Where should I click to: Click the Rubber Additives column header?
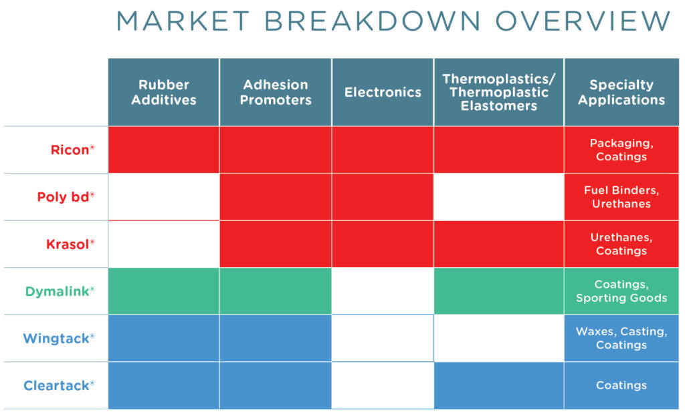(x=164, y=92)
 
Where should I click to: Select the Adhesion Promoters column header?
(x=276, y=92)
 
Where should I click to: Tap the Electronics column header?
(x=383, y=92)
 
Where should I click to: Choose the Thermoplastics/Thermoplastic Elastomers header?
(x=499, y=92)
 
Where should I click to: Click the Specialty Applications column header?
(x=621, y=92)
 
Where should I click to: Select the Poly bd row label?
(x=66, y=197)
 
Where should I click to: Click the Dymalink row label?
(x=60, y=291)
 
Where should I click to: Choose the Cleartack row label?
(x=59, y=385)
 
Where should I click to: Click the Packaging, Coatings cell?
(x=621, y=150)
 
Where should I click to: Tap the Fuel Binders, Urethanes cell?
(x=621, y=197)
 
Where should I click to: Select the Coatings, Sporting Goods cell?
(x=621, y=291)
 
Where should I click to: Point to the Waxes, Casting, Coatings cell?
(x=621, y=338)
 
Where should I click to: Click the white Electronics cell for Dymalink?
(x=383, y=291)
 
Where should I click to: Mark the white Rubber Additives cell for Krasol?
(x=164, y=244)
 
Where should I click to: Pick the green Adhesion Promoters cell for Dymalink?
(x=276, y=291)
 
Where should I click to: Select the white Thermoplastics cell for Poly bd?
(x=499, y=197)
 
